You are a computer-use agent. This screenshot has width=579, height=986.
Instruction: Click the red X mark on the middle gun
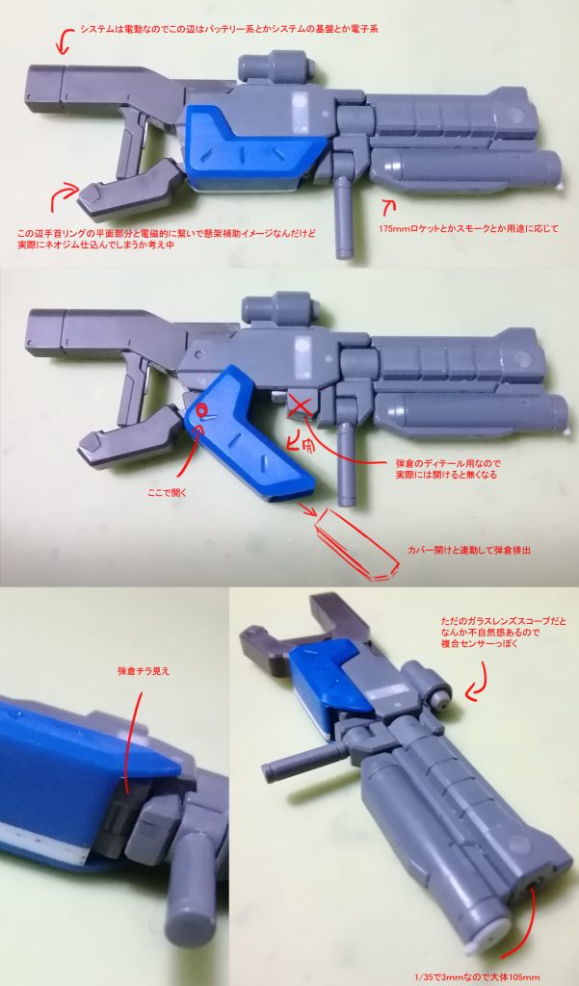coord(301,403)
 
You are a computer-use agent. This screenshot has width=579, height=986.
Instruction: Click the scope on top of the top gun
coord(274,67)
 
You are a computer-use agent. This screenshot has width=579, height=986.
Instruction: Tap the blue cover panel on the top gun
coord(252,146)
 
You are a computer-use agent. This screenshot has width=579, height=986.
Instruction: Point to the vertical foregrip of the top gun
coord(344,220)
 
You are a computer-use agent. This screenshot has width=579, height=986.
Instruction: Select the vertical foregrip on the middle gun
coord(344,472)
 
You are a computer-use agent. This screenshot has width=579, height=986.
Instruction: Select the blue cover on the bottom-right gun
coord(314,683)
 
